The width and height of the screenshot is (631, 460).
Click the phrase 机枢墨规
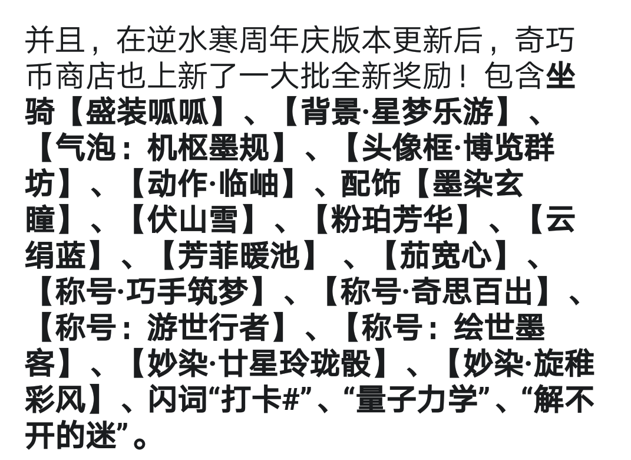click(208, 147)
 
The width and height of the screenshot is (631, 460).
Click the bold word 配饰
click(371, 183)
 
